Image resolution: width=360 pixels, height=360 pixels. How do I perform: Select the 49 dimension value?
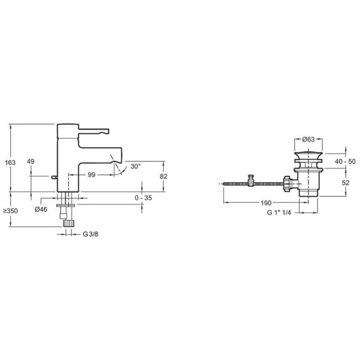click(31, 162)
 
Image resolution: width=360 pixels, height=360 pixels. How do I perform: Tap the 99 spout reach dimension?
click(92, 175)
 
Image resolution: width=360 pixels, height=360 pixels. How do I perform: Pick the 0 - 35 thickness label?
click(143, 197)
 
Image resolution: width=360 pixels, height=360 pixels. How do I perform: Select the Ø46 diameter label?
click(41, 209)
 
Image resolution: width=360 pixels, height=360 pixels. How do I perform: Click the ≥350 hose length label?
click(10, 211)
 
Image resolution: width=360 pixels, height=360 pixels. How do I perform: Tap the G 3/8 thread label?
click(91, 233)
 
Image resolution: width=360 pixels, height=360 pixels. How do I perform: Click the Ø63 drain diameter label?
click(308, 139)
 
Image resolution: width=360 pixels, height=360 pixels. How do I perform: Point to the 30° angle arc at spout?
click(122, 169)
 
